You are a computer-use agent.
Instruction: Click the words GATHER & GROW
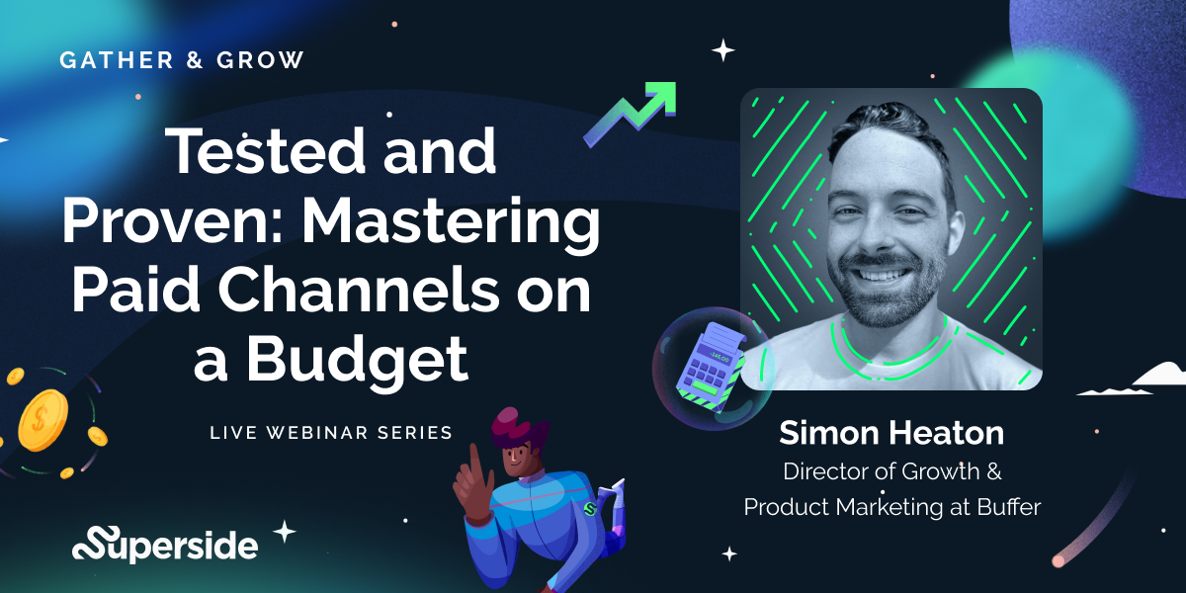[182, 59]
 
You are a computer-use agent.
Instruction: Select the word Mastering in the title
[453, 225]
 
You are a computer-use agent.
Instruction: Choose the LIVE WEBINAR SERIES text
[331, 432]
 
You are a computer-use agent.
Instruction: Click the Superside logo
[165, 543]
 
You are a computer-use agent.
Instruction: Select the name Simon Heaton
[890, 432]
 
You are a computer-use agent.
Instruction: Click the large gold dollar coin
[41, 414]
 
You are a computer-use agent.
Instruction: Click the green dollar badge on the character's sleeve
[591, 509]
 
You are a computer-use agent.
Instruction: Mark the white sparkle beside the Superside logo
[285, 532]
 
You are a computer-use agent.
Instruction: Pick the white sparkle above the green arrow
[724, 49]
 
